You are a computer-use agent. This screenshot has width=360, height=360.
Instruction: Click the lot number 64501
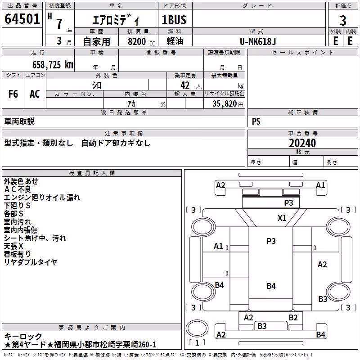(22, 19)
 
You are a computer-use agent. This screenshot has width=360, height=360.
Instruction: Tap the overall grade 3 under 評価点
(343, 20)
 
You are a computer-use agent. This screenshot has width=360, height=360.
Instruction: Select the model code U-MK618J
(258, 41)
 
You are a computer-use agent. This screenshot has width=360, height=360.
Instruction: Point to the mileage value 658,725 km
(53, 65)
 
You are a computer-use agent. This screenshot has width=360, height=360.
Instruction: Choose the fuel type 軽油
(175, 41)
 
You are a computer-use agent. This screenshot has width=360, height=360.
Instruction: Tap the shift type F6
(13, 94)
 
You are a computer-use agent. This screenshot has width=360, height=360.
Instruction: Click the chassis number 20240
(302, 143)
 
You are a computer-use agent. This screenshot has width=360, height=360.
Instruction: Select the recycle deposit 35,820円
(228, 104)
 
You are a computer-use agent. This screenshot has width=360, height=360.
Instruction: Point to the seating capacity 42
(185, 85)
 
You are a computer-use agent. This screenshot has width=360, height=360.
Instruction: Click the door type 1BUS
(174, 20)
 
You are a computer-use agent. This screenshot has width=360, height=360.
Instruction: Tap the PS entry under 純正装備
(256, 121)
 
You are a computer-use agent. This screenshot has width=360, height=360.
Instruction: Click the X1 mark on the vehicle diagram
(282, 218)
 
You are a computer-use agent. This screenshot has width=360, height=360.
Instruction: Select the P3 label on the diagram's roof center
(271, 241)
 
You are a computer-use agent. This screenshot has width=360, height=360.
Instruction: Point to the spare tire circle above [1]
(197, 329)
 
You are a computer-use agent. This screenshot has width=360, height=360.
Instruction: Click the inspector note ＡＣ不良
(18, 189)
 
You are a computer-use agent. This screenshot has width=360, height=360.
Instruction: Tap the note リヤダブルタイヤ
(31, 262)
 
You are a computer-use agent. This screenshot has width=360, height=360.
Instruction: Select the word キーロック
(23, 337)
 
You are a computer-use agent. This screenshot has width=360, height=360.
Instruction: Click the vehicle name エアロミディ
(116, 20)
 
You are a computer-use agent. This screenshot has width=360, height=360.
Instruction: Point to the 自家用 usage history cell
(96, 41)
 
